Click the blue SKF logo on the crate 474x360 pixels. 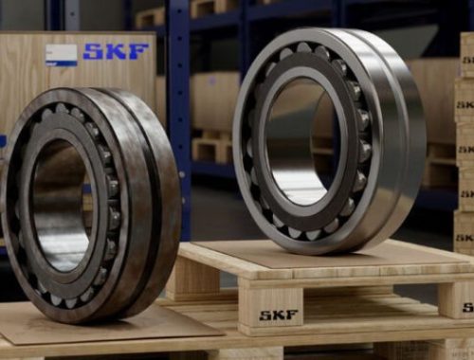116,52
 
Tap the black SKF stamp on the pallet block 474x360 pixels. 279,315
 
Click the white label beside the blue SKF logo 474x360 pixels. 62,55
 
